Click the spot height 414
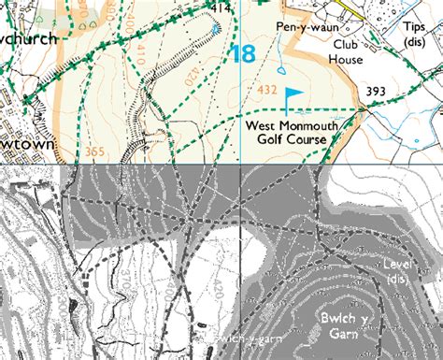click(x=221, y=8)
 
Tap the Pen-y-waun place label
click(x=305, y=28)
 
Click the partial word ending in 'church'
click(x=28, y=38)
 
